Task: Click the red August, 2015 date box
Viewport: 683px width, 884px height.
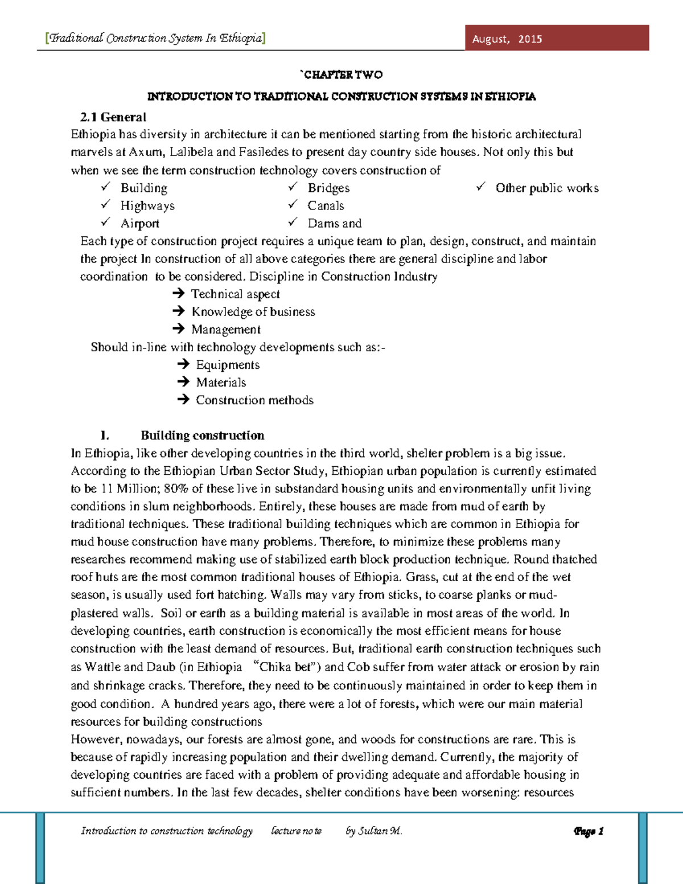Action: pyautogui.click(x=556, y=38)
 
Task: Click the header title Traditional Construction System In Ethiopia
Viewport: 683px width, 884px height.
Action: pyautogui.click(x=155, y=38)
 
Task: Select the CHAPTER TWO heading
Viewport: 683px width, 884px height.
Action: pyautogui.click(x=342, y=75)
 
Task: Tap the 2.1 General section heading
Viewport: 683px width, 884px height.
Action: pyautogui.click(x=113, y=117)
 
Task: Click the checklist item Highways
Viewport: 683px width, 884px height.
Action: pyautogui.click(x=147, y=205)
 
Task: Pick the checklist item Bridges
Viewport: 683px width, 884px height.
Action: pyautogui.click(x=328, y=188)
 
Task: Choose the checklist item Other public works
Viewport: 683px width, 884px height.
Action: pyautogui.click(x=546, y=188)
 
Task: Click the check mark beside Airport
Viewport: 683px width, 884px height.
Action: pyautogui.click(x=105, y=222)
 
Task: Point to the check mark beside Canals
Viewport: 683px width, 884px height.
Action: pyautogui.click(x=293, y=204)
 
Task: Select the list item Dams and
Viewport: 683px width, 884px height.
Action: pyautogui.click(x=334, y=223)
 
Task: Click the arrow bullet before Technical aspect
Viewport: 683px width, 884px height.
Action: pyautogui.click(x=178, y=294)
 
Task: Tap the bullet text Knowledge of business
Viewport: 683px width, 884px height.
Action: pyautogui.click(x=253, y=311)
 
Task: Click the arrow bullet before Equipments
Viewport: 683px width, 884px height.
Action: pyautogui.click(x=183, y=364)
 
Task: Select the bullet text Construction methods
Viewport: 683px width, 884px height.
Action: pyautogui.click(x=254, y=400)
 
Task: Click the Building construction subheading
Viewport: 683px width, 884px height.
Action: pyautogui.click(x=202, y=435)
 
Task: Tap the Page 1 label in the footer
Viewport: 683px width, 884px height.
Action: pyautogui.click(x=589, y=831)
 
